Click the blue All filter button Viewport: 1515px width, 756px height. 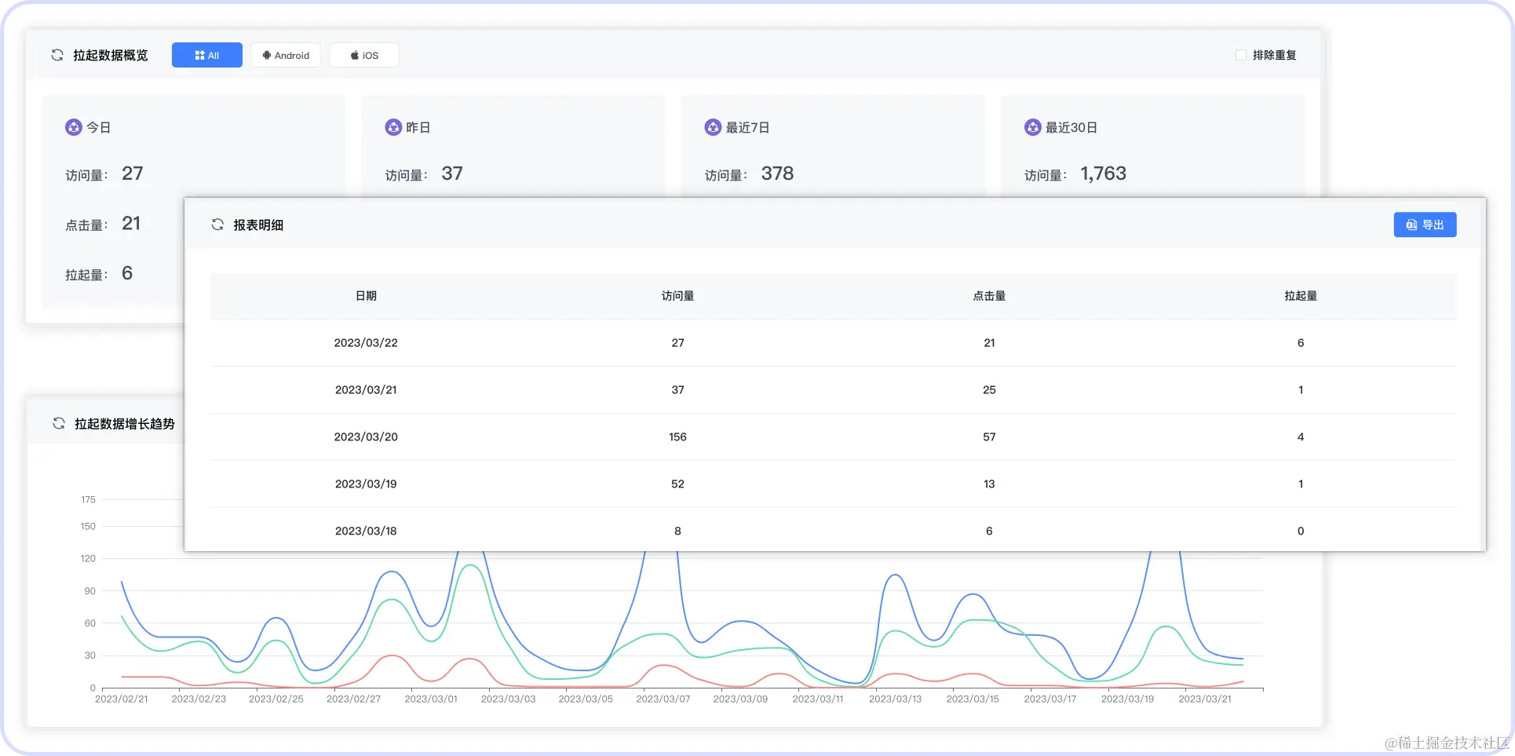(x=206, y=55)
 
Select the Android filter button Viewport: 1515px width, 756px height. (x=286, y=55)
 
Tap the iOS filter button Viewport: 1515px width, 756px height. (x=364, y=55)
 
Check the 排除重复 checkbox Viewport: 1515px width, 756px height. (x=1241, y=55)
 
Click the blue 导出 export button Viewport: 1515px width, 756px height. (x=1425, y=225)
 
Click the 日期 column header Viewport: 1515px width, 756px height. (x=366, y=296)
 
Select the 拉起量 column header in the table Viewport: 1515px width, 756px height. (x=1300, y=296)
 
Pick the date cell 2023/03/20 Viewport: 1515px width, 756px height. (x=366, y=436)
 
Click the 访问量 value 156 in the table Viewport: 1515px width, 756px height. (x=677, y=436)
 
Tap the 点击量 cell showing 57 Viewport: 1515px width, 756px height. (x=989, y=436)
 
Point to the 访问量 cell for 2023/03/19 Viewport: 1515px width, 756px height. (x=677, y=484)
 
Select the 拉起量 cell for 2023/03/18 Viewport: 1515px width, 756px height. (x=1300, y=531)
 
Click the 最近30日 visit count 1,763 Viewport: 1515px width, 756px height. (x=1103, y=173)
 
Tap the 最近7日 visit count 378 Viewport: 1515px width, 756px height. (x=777, y=173)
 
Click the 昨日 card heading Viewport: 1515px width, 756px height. (x=418, y=127)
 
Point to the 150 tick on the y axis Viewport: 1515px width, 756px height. (x=88, y=526)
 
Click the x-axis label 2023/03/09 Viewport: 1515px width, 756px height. (x=740, y=699)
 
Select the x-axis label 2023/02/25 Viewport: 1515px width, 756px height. (x=276, y=699)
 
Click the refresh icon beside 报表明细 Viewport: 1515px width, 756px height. (x=217, y=225)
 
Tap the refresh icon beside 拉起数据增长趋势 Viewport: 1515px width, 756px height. (x=59, y=423)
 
